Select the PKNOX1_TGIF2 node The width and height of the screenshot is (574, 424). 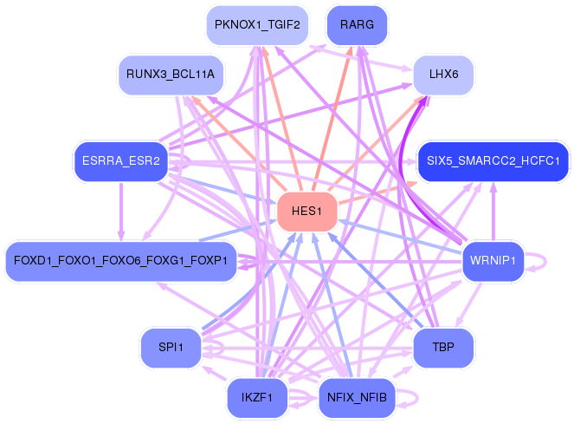click(x=257, y=24)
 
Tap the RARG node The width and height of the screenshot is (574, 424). click(x=357, y=24)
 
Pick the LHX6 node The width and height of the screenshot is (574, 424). click(x=443, y=75)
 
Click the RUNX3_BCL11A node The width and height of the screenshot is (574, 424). click(x=171, y=75)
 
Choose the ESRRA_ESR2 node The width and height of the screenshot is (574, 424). click(x=120, y=160)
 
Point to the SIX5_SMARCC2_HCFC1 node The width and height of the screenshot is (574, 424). click(x=493, y=160)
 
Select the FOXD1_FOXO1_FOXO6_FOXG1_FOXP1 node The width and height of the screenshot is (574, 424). click(x=120, y=260)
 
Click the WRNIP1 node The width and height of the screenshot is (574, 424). click(x=493, y=260)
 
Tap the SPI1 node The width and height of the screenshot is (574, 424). click(x=171, y=348)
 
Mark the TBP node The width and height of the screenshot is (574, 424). click(x=443, y=348)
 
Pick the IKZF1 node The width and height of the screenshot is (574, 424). click(x=257, y=398)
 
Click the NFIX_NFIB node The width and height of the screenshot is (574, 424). click(x=357, y=398)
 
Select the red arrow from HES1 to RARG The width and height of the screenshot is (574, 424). click(x=334, y=113)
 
